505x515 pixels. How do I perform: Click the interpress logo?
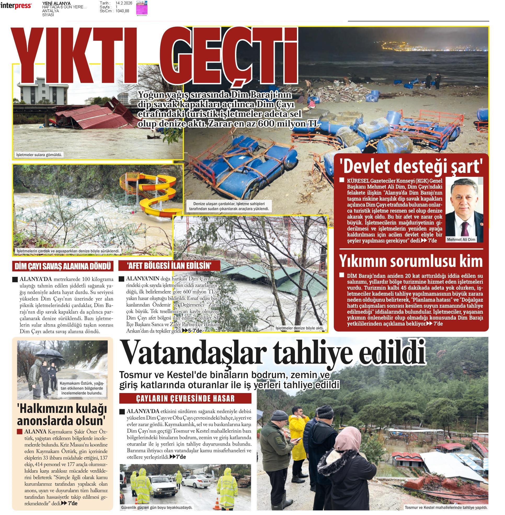pyautogui.click(x=16, y=5)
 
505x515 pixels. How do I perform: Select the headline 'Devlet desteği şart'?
pyautogui.click(x=411, y=166)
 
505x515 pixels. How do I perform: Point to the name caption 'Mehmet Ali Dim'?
pyautogui.click(x=461, y=239)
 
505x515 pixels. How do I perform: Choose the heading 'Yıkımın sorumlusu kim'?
pyautogui.click(x=411, y=261)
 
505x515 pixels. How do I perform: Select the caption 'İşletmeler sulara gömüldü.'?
pyautogui.click(x=39, y=155)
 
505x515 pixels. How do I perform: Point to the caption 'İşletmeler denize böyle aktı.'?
pyautogui.click(x=300, y=328)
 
